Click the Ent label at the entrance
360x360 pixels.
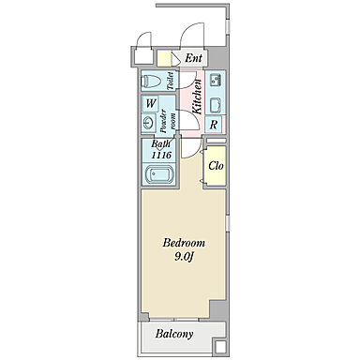click(x=193, y=58)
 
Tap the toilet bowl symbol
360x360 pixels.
click(x=152, y=82)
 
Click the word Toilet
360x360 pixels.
click(x=171, y=82)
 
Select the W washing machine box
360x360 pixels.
click(x=151, y=103)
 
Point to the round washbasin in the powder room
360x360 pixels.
click(x=148, y=123)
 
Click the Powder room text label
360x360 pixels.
click(x=167, y=122)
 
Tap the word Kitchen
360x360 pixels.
click(x=197, y=97)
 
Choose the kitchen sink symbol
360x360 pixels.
click(x=215, y=80)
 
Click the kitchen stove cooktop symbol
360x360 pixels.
click(x=215, y=105)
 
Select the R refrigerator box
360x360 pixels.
click(x=214, y=125)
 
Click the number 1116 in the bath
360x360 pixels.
click(x=161, y=155)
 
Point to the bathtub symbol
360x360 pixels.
click(x=159, y=173)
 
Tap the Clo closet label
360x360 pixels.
click(x=216, y=166)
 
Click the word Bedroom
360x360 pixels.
click(x=184, y=243)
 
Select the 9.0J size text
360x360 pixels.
click(x=185, y=257)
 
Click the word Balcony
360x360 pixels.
click(x=174, y=334)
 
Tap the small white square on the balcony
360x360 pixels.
click(x=220, y=347)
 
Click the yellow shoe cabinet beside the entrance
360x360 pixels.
click(x=164, y=58)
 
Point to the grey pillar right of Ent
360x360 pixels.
click(x=217, y=57)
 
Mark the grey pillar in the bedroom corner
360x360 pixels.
click(x=218, y=310)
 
